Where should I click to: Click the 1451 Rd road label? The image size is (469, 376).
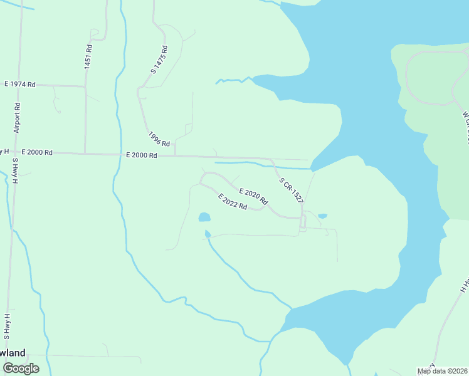pyautogui.click(x=88, y=56)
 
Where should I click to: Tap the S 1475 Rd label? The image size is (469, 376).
pyautogui.click(x=159, y=60)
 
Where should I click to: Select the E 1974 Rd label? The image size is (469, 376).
pyautogui.click(x=20, y=84)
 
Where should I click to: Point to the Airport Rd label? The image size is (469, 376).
pyautogui.click(x=18, y=117)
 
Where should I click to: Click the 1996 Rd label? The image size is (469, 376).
pyautogui.click(x=159, y=139)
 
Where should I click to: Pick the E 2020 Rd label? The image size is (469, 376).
pyautogui.click(x=253, y=197)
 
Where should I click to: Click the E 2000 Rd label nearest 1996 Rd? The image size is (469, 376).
pyautogui.click(x=141, y=155)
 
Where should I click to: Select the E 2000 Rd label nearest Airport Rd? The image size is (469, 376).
pyautogui.click(x=36, y=152)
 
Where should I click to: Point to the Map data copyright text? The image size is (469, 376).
pyautogui.click(x=442, y=371)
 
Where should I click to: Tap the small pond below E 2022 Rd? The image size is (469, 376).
pyautogui.click(x=204, y=217)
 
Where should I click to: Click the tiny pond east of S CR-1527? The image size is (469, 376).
pyautogui.click(x=322, y=216)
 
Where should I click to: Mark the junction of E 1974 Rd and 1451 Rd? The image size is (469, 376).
pyautogui.click(x=85, y=86)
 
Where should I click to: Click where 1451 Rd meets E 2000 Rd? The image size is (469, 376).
pyautogui.click(x=85, y=153)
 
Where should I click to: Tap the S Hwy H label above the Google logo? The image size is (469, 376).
pyautogui.click(x=7, y=326)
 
